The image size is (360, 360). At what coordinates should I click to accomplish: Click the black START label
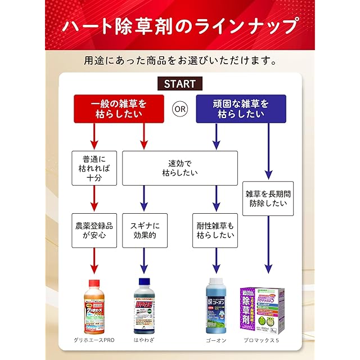180,84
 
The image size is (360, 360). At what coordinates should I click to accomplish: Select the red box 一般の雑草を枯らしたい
119,109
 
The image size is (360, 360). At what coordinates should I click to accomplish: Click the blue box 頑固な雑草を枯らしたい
241,109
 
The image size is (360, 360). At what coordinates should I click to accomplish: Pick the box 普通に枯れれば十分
94,168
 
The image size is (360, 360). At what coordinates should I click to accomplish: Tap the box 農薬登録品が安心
94,231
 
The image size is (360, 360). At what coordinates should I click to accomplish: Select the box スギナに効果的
145,231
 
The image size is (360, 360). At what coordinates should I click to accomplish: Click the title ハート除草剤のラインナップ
180,27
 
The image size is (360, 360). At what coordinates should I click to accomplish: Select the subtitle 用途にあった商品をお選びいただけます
180,59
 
